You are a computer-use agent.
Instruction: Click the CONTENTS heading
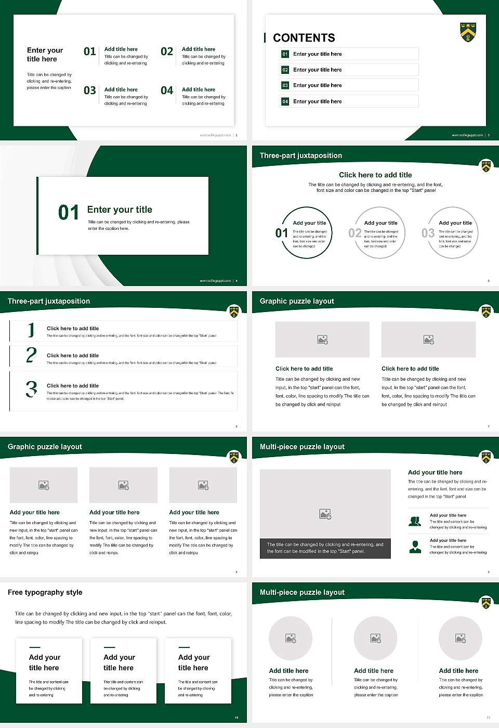point(304,38)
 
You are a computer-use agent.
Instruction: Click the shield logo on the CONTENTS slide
point(468,32)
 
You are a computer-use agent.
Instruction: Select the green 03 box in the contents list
point(285,85)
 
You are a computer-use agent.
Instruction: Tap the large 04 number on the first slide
point(167,91)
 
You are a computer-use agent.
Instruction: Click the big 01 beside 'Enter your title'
point(68,213)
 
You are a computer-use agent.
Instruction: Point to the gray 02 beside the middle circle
point(355,233)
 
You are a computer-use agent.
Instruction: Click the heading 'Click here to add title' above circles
point(375,175)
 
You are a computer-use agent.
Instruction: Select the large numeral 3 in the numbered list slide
point(31,389)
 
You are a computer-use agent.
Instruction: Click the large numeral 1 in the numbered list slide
point(31,330)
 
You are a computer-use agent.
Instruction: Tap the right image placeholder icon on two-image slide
point(428,340)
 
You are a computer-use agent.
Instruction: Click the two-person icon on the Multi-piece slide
point(415,521)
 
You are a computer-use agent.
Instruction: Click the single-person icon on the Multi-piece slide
point(415,547)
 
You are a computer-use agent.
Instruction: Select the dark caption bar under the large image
point(325,548)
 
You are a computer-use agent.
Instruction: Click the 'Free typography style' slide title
point(45,592)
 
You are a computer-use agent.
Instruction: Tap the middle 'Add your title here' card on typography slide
point(123,671)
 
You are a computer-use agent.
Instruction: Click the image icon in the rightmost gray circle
point(460,638)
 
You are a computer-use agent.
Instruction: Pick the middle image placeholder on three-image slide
point(123,485)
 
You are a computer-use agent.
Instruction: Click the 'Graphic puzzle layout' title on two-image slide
point(297,301)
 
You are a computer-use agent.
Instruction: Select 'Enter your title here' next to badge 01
point(317,54)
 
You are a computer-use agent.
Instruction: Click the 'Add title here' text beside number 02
point(198,49)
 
